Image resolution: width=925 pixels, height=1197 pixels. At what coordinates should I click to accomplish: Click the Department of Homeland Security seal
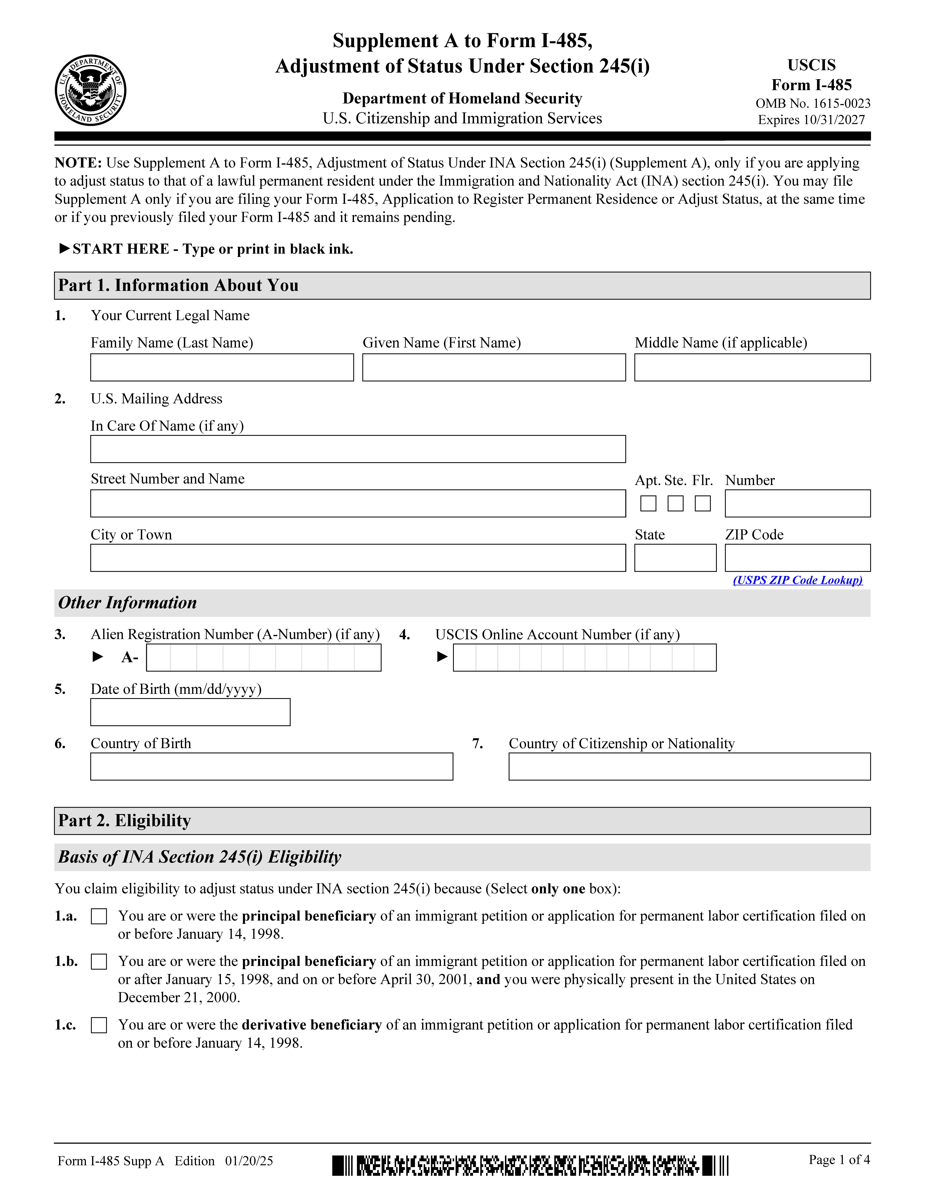[x=90, y=90]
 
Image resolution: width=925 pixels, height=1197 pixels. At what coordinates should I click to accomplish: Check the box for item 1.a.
[x=99, y=916]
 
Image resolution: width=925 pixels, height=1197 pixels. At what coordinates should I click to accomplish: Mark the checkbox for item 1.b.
[x=99, y=962]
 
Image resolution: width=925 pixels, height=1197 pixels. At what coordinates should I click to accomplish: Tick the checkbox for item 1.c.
[x=99, y=1025]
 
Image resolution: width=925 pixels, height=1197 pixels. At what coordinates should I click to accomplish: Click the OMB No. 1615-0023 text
[x=813, y=104]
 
